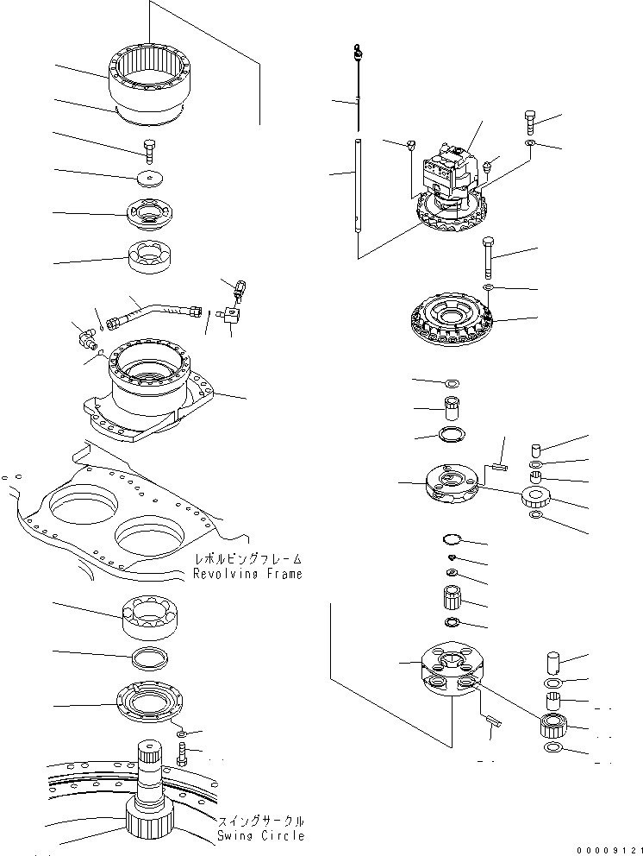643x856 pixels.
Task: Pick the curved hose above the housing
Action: point(159,310)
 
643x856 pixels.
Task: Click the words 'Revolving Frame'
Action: point(247,574)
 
